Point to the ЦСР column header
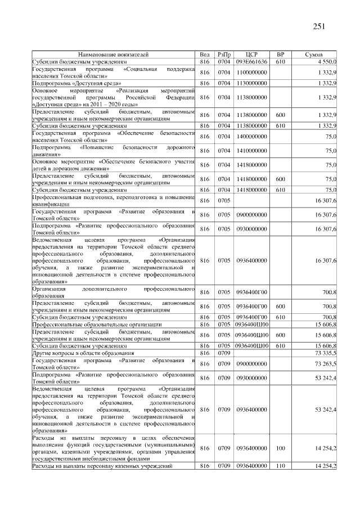tap(251, 55)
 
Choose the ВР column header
tap(281, 55)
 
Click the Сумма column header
tap(313, 55)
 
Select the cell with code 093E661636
tap(251, 61)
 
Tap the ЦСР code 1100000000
tap(251, 72)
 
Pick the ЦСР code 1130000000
tap(251, 83)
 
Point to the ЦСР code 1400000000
tap(251, 137)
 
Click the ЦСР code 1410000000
tap(251, 151)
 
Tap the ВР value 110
tap(281, 466)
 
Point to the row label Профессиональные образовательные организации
tap(89, 325)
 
